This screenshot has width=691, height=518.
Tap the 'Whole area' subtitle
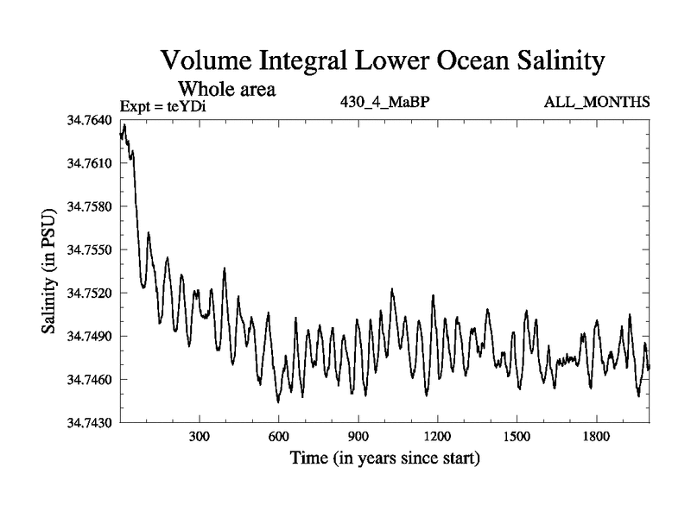point(226,88)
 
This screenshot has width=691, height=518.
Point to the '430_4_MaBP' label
point(386,103)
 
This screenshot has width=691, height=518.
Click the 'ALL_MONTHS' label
point(597,103)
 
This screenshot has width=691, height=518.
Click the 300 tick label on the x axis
point(200,436)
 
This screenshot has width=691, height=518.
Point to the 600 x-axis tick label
point(279,436)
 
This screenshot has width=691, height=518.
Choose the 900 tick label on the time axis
point(358,436)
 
